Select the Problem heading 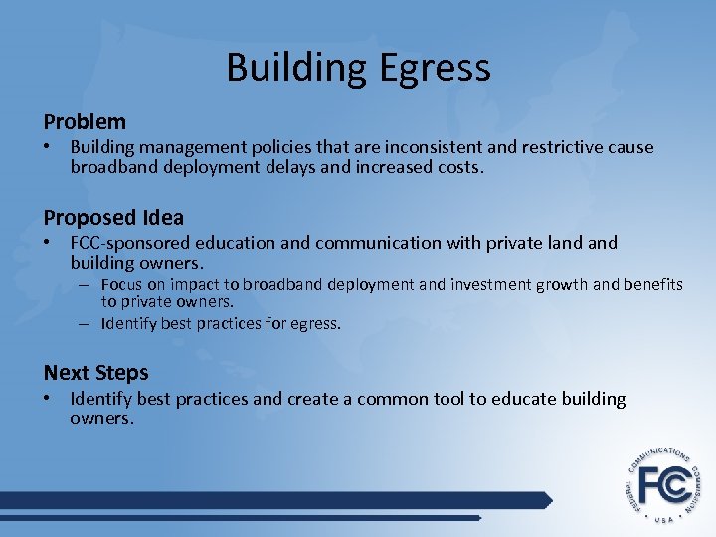85,122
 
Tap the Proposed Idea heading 113,217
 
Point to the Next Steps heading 95,373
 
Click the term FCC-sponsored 132,243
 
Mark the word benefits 652,285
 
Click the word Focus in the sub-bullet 121,285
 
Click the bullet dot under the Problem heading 48,147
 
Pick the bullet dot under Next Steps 48,399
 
